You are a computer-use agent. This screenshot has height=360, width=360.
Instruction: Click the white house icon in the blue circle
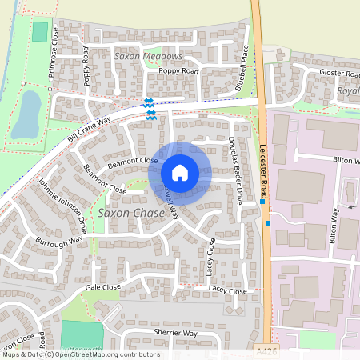tap(180, 173)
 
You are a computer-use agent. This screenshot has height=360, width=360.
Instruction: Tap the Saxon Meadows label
tap(148, 57)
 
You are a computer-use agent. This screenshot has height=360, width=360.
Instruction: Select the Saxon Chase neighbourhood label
tap(130, 214)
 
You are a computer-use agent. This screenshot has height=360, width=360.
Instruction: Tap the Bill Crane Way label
tap(89, 129)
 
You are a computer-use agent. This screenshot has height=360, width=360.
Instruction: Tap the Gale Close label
tap(102, 286)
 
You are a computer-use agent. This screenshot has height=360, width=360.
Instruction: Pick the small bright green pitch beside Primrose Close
tap(39, 33)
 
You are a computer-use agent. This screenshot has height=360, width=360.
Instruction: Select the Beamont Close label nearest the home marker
tap(134, 162)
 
